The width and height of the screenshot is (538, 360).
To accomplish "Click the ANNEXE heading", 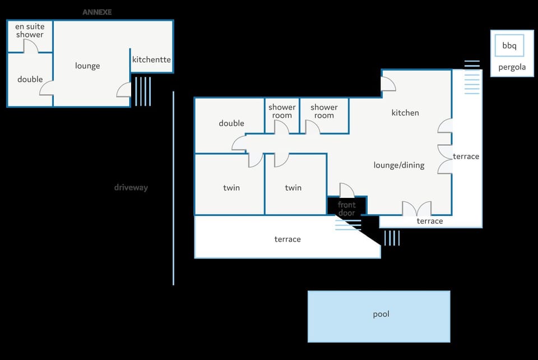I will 97,12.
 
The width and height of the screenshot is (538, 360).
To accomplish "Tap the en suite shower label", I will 30,30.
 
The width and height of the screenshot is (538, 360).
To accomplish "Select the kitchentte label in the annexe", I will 151,59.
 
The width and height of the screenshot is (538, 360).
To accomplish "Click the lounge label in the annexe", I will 87,66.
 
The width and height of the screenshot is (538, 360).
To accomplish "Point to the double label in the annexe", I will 30,79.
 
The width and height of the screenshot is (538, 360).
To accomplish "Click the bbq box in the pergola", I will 509,46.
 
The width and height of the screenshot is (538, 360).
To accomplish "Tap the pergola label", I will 512,68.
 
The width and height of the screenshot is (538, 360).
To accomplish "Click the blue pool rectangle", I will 379,316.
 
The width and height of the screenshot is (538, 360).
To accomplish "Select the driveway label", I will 131,187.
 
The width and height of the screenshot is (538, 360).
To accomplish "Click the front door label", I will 346,209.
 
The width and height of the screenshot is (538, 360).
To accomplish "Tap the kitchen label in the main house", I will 405,113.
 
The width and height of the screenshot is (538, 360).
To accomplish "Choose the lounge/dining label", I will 399,165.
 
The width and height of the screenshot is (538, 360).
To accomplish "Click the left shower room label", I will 282,111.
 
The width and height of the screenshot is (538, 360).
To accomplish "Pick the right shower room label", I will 324,111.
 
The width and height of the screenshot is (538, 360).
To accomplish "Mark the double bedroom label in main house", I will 231,123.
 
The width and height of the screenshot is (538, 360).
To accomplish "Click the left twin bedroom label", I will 231,187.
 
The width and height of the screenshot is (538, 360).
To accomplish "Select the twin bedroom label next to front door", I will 293,187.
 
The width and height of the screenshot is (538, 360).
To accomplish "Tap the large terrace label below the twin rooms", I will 287,239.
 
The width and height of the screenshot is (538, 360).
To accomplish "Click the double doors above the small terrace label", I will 417,209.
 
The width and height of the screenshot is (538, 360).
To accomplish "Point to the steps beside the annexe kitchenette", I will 142,91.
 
